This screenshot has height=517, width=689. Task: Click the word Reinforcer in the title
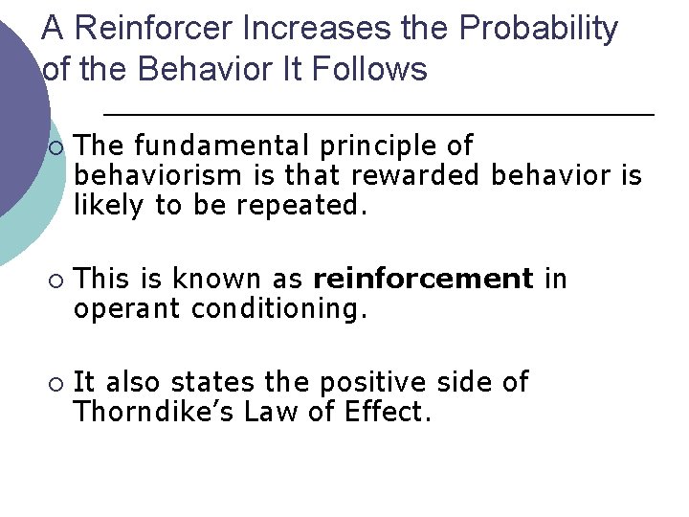click(153, 29)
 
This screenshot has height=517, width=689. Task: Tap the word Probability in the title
click(539, 29)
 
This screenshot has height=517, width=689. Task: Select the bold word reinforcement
click(423, 279)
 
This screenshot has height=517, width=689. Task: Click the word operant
click(128, 309)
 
